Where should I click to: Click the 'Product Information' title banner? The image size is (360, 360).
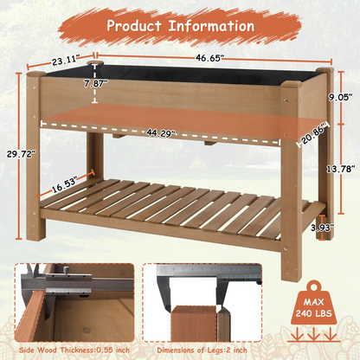pyautogui.click(x=180, y=24)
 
